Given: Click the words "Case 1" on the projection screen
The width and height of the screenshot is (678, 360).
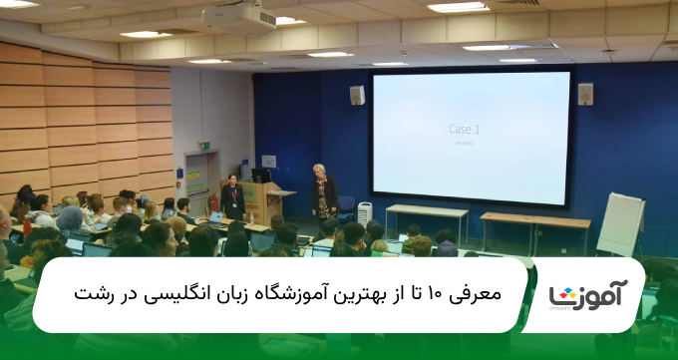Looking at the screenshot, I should (x=464, y=130).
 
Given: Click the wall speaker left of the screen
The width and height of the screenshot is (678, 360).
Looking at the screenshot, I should (x=357, y=95).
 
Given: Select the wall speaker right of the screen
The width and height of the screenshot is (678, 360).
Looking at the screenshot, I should (x=585, y=93).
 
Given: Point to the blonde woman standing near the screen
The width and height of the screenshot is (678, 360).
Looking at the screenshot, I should (x=321, y=191).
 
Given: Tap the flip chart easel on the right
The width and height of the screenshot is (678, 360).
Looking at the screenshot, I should (x=620, y=224).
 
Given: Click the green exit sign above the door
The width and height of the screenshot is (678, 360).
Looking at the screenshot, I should (x=203, y=146).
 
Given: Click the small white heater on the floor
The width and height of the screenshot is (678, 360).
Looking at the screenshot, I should (x=364, y=212).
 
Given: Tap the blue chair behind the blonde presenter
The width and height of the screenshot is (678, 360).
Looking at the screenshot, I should (x=346, y=206).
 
